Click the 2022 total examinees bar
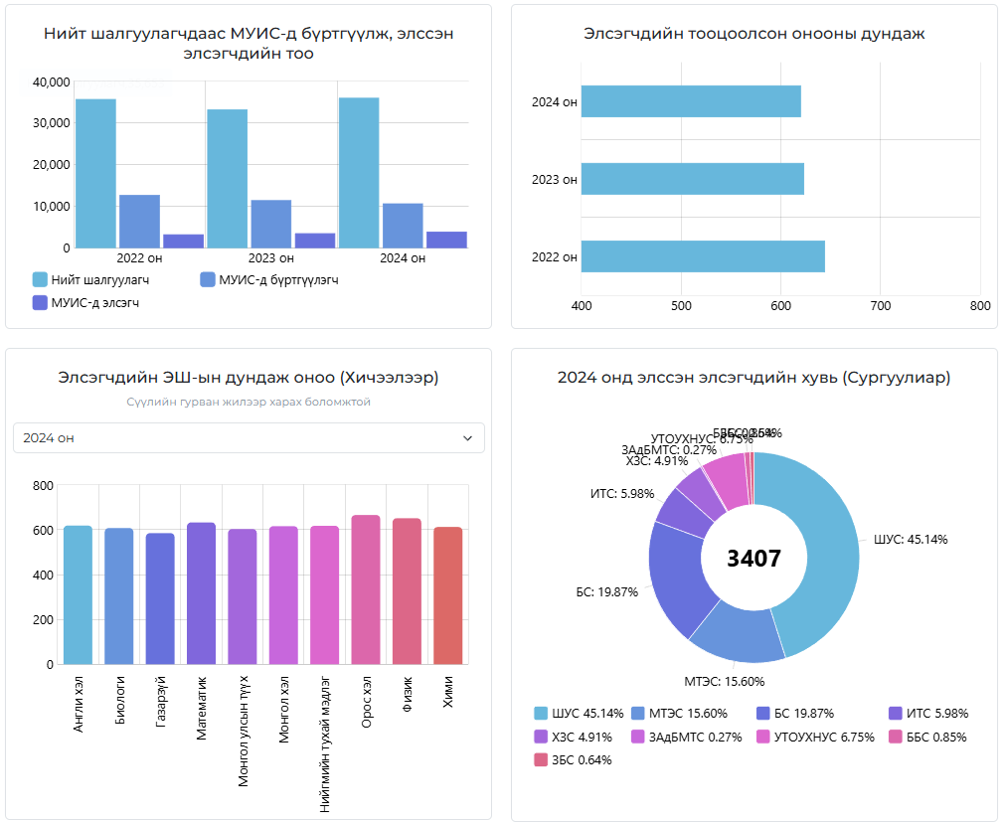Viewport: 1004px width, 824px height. [95, 173]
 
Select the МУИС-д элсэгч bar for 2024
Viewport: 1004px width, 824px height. [446, 240]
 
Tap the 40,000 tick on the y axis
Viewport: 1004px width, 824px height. [51, 82]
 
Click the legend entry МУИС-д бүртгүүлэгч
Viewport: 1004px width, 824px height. [268, 279]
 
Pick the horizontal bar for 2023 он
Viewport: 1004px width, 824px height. [692, 179]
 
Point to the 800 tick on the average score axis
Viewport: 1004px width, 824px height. [980, 305]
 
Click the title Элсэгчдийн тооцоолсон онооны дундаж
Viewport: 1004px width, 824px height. [753, 34]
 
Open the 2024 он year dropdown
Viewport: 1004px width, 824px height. [249, 437]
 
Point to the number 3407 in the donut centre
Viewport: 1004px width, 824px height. [753, 559]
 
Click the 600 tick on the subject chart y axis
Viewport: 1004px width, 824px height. [43, 531]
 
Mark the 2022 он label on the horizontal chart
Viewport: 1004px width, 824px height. [554, 257]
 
